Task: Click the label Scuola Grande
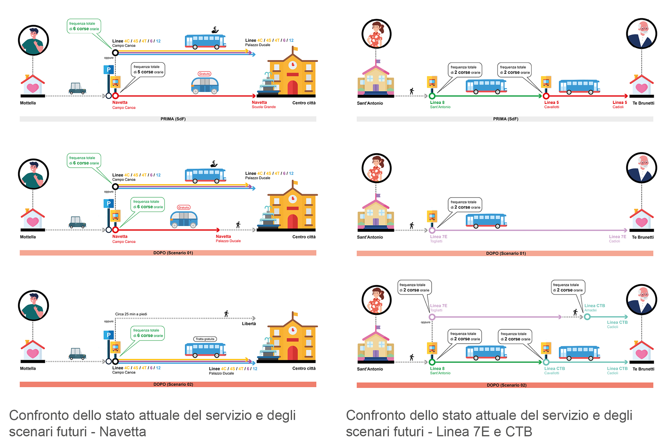tap(264, 107)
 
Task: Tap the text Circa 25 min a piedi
tap(131, 314)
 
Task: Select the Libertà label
tap(249, 324)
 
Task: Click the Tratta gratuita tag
tap(205, 339)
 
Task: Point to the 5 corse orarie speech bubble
tap(148, 69)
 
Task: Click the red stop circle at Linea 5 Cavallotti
tap(546, 96)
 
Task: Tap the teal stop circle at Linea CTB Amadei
tap(587, 317)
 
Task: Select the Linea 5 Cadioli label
tap(619, 104)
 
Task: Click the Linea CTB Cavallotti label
tap(554, 371)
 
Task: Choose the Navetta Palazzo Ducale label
tap(228, 239)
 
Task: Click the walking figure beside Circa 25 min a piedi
tap(226, 314)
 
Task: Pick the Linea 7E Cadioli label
tap(617, 239)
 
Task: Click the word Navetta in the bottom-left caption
tap(123, 432)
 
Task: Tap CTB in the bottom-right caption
tap(519, 432)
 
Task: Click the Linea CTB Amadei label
tap(594, 308)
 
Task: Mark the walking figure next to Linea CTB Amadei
tap(575, 312)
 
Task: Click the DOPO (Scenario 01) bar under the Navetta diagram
tap(168, 253)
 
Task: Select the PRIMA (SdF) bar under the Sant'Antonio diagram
tap(505, 119)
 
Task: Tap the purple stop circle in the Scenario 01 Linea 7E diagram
tap(432, 230)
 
